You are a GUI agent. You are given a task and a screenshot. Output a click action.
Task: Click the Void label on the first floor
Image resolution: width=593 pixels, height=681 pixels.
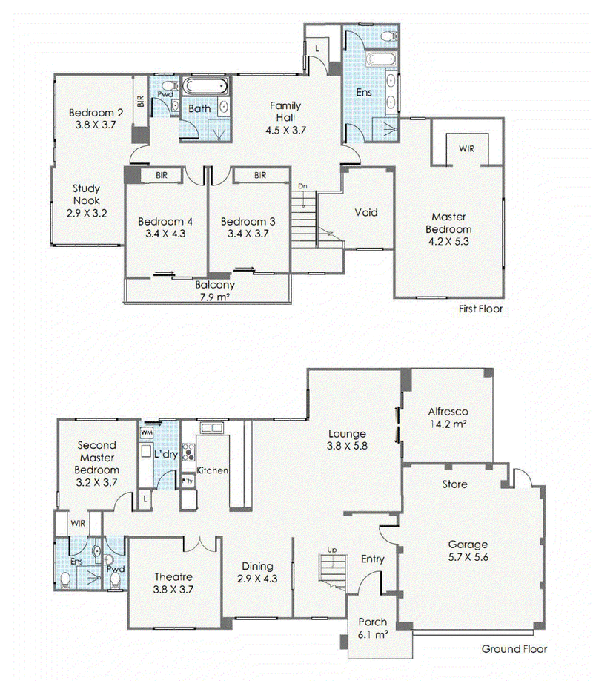click(366, 212)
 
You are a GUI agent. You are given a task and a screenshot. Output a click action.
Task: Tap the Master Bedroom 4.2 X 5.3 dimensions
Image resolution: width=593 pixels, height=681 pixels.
click(448, 242)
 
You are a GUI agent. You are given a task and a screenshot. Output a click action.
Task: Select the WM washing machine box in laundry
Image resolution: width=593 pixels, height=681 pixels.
click(146, 432)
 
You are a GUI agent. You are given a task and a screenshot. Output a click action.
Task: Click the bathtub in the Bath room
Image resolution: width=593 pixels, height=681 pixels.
click(205, 86)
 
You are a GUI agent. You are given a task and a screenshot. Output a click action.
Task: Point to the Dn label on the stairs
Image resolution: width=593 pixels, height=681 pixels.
click(302, 186)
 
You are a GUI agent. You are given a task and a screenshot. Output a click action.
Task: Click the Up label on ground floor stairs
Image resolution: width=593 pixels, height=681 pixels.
click(332, 550)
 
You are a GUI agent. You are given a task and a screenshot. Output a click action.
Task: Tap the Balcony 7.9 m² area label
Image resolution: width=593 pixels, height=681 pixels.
click(215, 291)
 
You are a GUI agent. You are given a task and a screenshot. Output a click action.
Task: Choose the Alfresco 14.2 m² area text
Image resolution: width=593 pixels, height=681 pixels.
click(448, 418)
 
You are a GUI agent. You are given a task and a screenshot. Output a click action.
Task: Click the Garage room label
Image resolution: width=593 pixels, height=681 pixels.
click(468, 545)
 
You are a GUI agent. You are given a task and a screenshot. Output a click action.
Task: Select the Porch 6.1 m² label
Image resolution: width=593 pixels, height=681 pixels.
click(373, 628)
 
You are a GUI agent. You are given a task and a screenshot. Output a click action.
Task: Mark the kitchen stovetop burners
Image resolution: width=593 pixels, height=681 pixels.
click(188, 452)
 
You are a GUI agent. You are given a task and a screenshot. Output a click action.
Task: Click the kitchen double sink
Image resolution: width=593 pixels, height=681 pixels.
click(211, 428)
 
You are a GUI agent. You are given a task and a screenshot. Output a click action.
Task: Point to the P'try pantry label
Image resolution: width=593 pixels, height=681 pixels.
click(188, 481)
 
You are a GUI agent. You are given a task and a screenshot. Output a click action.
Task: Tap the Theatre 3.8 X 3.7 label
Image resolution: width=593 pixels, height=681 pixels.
click(173, 583)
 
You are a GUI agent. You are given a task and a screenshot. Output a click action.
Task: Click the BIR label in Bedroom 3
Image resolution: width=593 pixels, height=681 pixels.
click(260, 175)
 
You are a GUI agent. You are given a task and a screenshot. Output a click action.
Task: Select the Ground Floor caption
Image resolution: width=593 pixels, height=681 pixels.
click(514, 649)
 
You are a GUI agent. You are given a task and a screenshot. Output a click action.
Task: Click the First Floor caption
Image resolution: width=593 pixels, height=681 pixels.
click(480, 309)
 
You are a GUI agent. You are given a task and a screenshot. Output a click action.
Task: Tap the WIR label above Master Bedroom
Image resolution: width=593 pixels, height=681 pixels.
click(467, 148)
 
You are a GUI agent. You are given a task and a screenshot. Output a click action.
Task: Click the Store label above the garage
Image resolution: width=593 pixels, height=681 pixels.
click(454, 484)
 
